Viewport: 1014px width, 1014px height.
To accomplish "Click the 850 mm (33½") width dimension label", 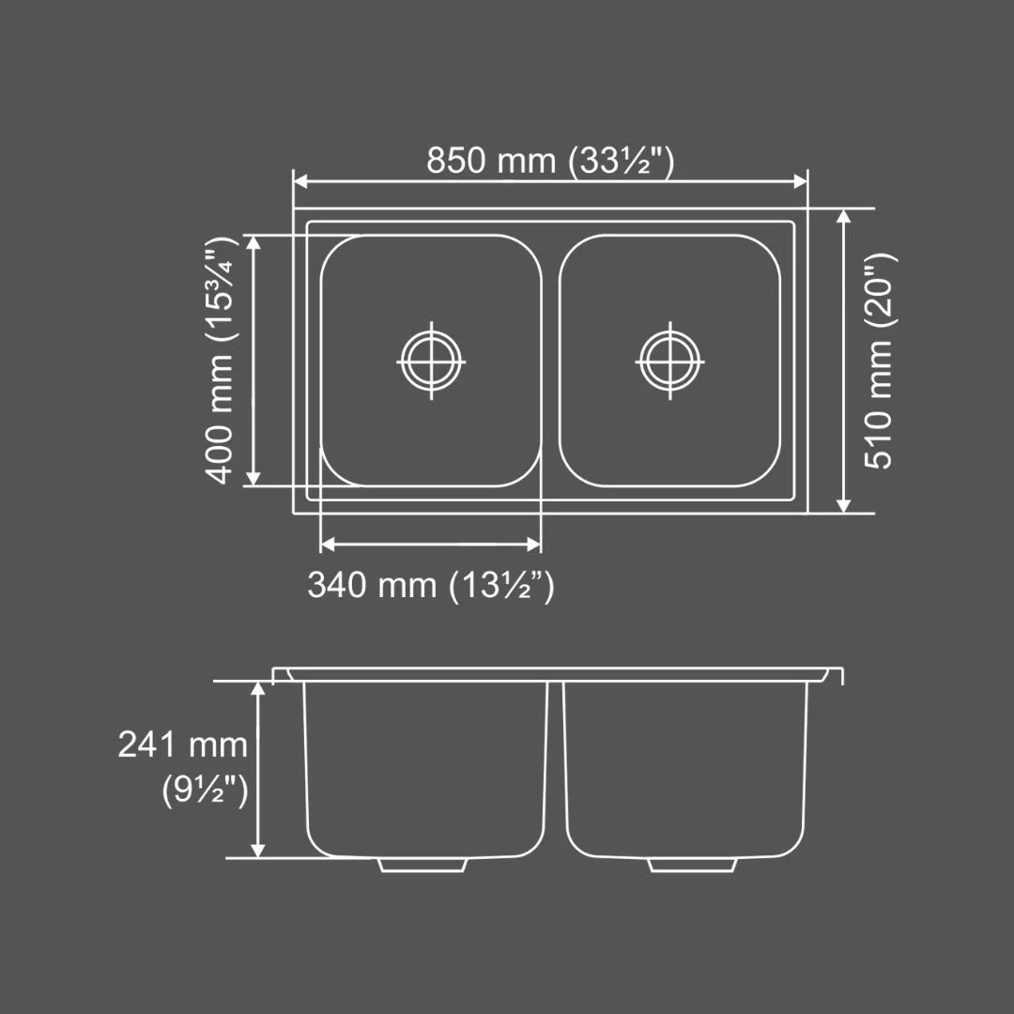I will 550,161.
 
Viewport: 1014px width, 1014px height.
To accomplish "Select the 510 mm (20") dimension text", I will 879,361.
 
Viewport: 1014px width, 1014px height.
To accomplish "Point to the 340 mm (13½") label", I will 431,586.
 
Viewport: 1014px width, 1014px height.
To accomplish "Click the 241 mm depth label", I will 183,745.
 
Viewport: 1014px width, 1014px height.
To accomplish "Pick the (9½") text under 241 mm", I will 205,790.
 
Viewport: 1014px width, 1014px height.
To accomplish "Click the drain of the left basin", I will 431,361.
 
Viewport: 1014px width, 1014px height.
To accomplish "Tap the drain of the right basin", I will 669,361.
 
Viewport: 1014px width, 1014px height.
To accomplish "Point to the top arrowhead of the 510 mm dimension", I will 843,217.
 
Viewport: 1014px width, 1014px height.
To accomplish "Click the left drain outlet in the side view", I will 423,864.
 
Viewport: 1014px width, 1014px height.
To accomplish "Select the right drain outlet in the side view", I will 693,864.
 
